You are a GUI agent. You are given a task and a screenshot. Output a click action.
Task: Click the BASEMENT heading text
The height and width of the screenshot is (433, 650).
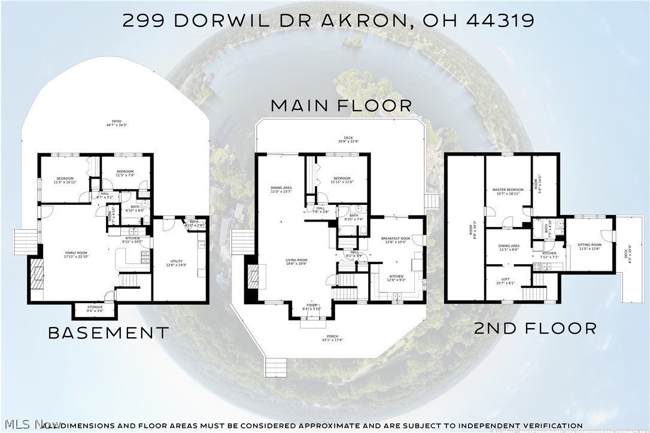pos(108,332)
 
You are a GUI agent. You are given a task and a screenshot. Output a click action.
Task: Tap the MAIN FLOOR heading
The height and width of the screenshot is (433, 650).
pos(342,106)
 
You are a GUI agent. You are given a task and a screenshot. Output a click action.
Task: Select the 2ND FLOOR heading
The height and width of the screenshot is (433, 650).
pos(535,328)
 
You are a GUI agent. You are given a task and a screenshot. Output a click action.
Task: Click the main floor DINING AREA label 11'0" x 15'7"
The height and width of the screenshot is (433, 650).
pos(281,189)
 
